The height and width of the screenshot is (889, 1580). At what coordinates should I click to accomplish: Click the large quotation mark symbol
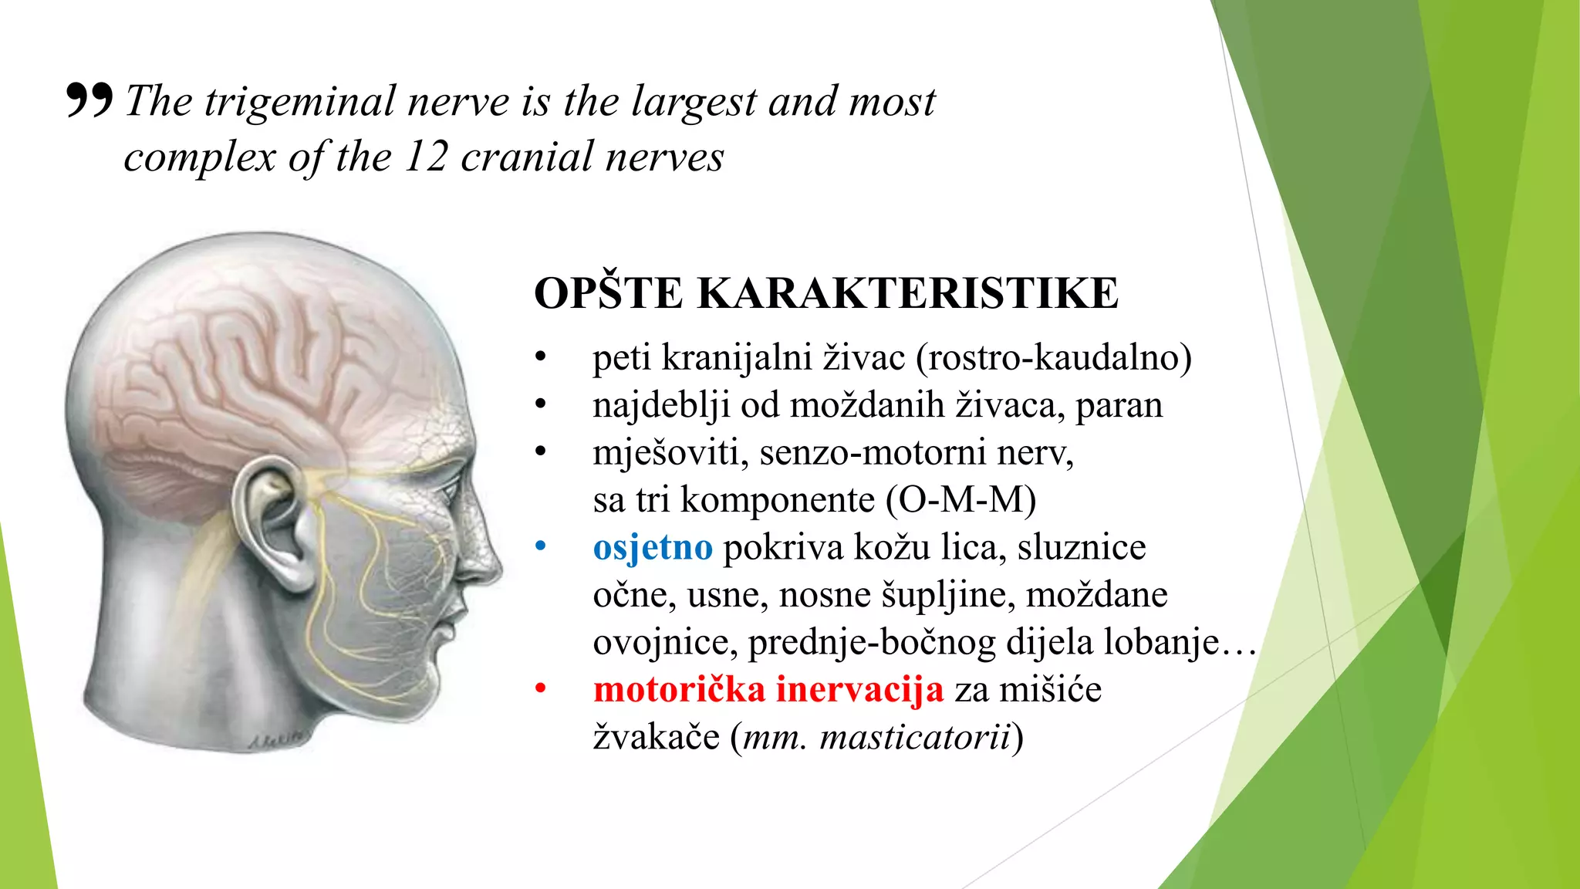(89, 100)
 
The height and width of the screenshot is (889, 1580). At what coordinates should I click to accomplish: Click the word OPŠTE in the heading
(609, 293)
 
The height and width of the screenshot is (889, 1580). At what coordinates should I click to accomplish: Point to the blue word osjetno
(653, 547)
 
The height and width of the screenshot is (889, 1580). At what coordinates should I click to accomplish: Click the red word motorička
(679, 689)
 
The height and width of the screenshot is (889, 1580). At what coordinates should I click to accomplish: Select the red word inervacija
(859, 689)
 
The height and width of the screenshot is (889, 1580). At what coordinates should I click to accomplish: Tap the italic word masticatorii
(914, 737)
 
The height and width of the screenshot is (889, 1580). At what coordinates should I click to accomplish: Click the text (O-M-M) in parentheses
(960, 499)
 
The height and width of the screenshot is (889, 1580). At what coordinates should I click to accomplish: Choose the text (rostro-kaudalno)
(1054, 357)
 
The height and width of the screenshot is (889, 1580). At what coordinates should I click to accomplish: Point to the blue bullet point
(541, 546)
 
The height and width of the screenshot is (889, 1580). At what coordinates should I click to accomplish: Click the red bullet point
(541, 688)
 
